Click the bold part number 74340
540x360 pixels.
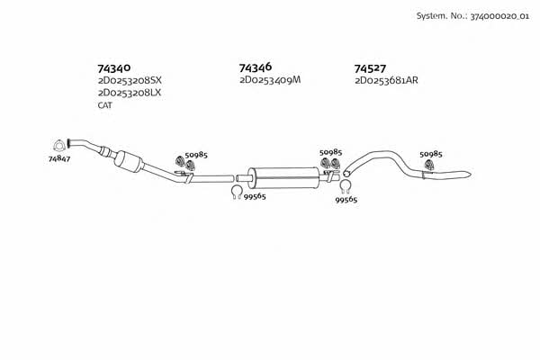pos(114,67)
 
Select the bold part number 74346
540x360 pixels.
pos(256,67)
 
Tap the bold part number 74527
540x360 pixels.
pos(370,68)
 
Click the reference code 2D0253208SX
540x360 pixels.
pos(130,81)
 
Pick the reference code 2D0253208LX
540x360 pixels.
pos(130,93)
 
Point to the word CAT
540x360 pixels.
pos(104,105)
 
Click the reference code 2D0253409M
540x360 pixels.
pos(270,80)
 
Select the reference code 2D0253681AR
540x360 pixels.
pos(386,81)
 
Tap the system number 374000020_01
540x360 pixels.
pos(499,16)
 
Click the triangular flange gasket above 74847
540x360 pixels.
pos(59,145)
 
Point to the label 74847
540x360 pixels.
pos(59,158)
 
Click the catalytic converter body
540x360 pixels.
pos(128,161)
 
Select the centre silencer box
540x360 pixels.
pos(283,178)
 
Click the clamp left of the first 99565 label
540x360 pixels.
pos(236,193)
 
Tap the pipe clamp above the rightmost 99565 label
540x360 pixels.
pos(345,186)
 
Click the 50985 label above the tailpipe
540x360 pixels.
pos(431,154)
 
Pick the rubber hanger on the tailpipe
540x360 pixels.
pos(429,165)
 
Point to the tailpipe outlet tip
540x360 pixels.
pos(471,174)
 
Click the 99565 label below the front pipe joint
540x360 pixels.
pos(255,197)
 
